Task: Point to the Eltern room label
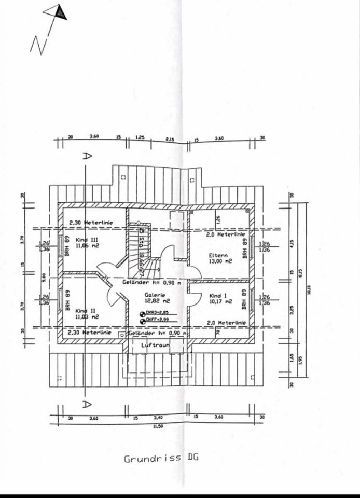218,255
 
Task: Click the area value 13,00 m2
218,261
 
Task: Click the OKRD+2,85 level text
156,313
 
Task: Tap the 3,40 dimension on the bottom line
158,417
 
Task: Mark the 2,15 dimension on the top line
170,139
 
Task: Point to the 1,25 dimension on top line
140,138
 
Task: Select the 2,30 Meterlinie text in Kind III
90,223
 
